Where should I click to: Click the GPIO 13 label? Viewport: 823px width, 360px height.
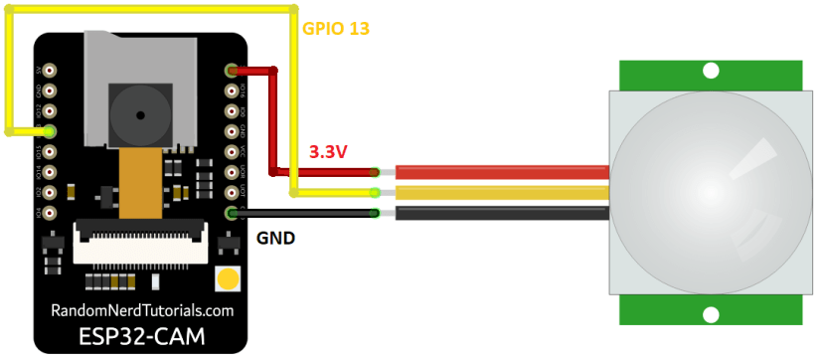point(336,29)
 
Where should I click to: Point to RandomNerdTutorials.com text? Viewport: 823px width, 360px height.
point(142,310)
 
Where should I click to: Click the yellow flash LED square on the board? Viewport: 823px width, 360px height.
point(229,278)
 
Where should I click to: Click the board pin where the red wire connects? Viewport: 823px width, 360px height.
point(232,71)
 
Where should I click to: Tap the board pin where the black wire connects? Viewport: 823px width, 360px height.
point(232,213)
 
